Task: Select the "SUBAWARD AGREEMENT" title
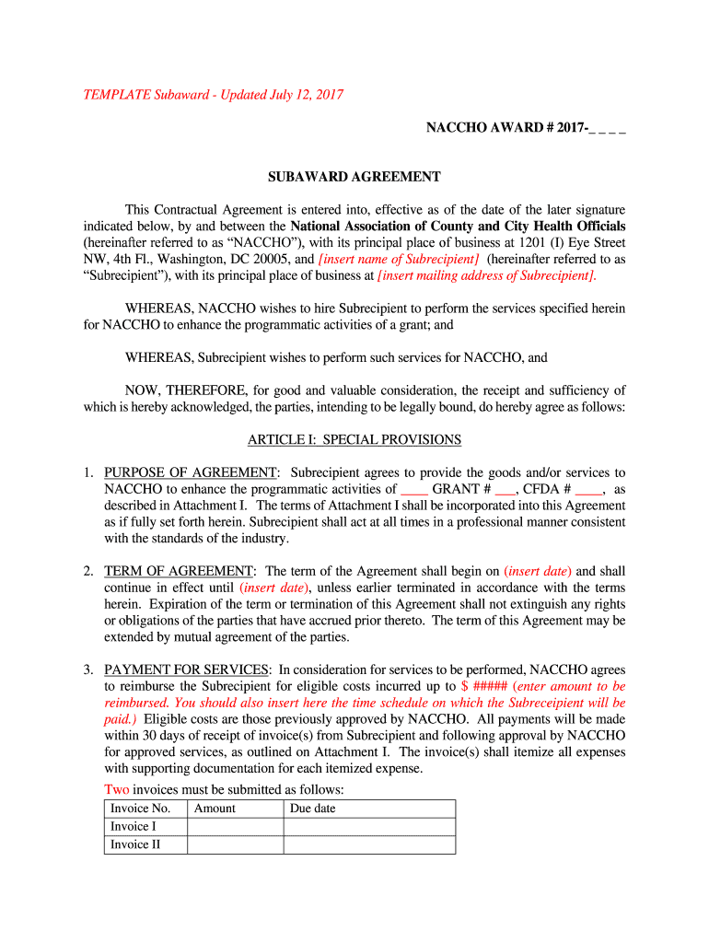tap(354, 177)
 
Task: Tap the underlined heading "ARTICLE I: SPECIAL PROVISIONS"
tap(354, 440)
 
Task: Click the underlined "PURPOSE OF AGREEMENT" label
tap(190, 472)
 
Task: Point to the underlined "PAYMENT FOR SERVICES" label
tap(187, 669)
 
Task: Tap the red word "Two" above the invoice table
tap(117, 789)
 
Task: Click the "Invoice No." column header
tap(140, 809)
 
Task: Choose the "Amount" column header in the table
tap(215, 809)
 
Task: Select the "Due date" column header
tap(313, 809)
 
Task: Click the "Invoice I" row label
tap(134, 826)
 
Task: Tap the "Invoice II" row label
tap(135, 844)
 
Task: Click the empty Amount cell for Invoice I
tap(235, 826)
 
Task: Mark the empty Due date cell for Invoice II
tap(368, 844)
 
